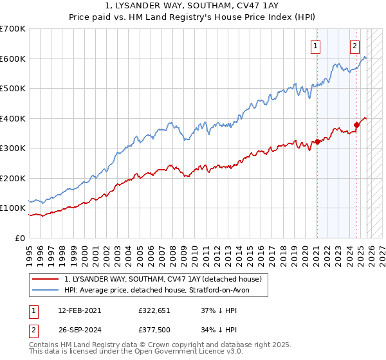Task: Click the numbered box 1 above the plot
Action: pos(317,46)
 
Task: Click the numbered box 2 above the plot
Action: pos(354,46)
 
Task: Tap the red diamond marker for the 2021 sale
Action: pos(317,142)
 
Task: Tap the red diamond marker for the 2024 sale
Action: pos(356,125)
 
